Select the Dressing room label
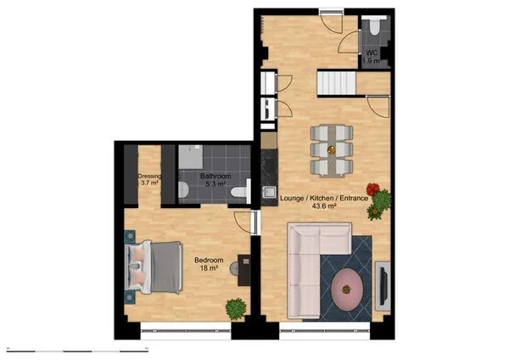point(149,177)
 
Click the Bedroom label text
point(208,260)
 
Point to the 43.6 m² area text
point(323,206)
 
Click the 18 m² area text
point(208,268)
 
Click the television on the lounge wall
point(383,284)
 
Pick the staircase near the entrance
point(337,84)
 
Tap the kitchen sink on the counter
point(270,192)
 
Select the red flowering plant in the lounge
point(372,188)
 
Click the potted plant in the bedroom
point(235,307)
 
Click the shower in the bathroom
point(190,157)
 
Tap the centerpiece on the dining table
point(332,145)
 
